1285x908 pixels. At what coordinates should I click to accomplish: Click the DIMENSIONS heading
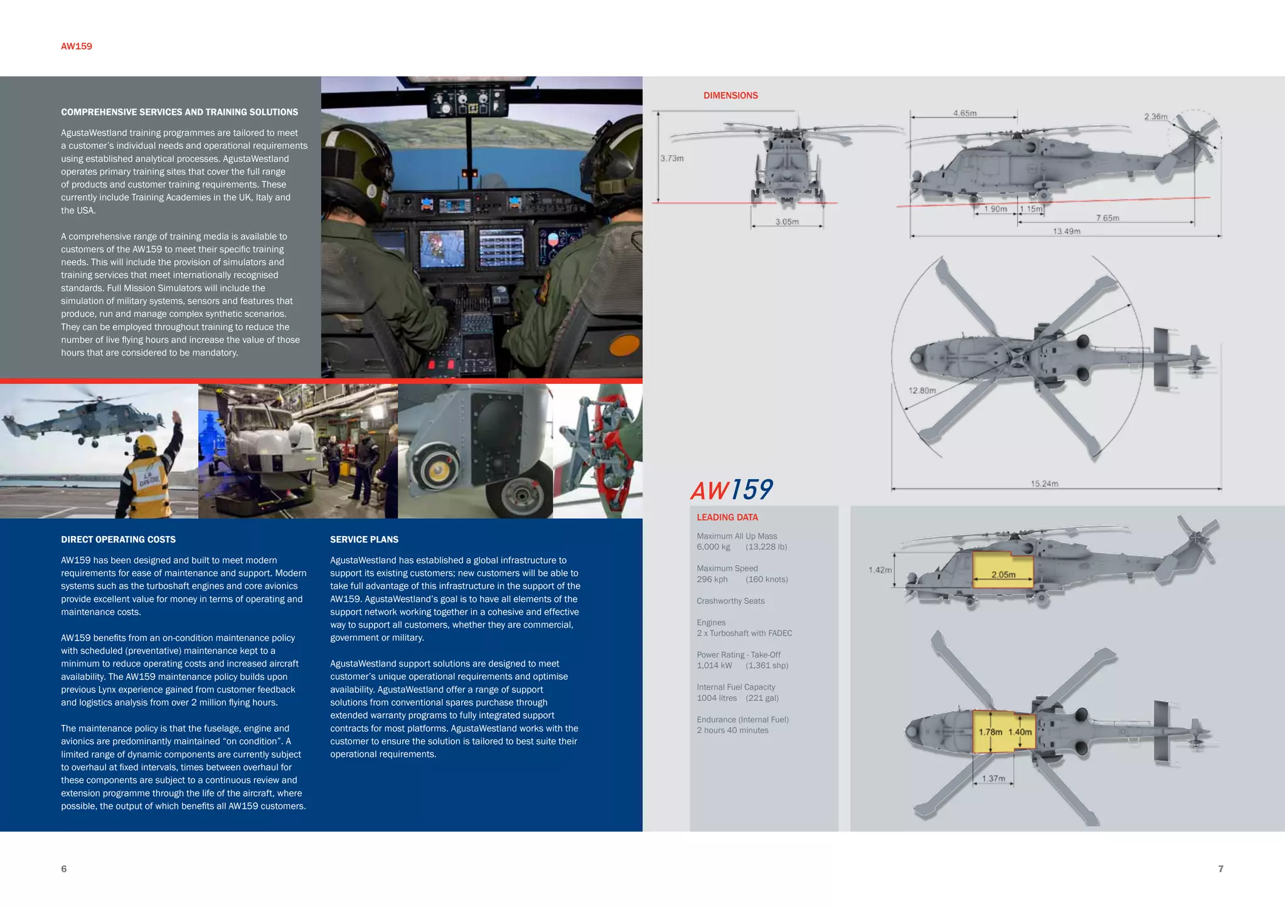730,95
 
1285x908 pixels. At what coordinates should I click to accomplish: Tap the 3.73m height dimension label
671,158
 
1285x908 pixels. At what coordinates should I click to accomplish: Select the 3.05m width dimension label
787,222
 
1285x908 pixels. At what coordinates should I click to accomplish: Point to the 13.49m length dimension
1066,231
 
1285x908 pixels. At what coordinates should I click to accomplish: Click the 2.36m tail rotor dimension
1155,117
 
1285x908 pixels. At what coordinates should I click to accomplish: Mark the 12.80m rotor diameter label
922,391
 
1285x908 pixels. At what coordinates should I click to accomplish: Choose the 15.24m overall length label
1044,483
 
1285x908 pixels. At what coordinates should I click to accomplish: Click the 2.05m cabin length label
1003,574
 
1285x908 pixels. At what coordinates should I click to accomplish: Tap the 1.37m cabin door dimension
993,778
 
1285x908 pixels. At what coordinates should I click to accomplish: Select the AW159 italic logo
732,490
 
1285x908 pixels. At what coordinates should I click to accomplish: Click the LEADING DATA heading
727,517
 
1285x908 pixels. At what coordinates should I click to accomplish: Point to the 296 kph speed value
712,579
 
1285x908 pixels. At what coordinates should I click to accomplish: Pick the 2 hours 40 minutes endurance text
732,731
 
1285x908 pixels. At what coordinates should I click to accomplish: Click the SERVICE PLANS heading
364,539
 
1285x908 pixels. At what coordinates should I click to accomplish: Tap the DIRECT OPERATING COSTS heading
118,539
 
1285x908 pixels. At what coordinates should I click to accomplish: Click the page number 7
1220,868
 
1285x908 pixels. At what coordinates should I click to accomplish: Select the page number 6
63,868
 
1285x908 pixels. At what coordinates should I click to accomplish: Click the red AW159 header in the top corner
77,46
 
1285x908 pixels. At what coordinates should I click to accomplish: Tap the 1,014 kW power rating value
714,665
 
